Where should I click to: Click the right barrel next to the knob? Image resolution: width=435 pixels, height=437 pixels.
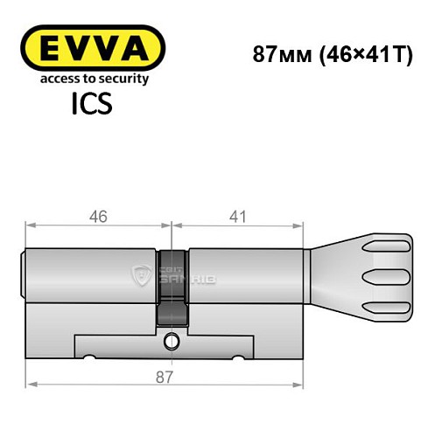click(x=245, y=276)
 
